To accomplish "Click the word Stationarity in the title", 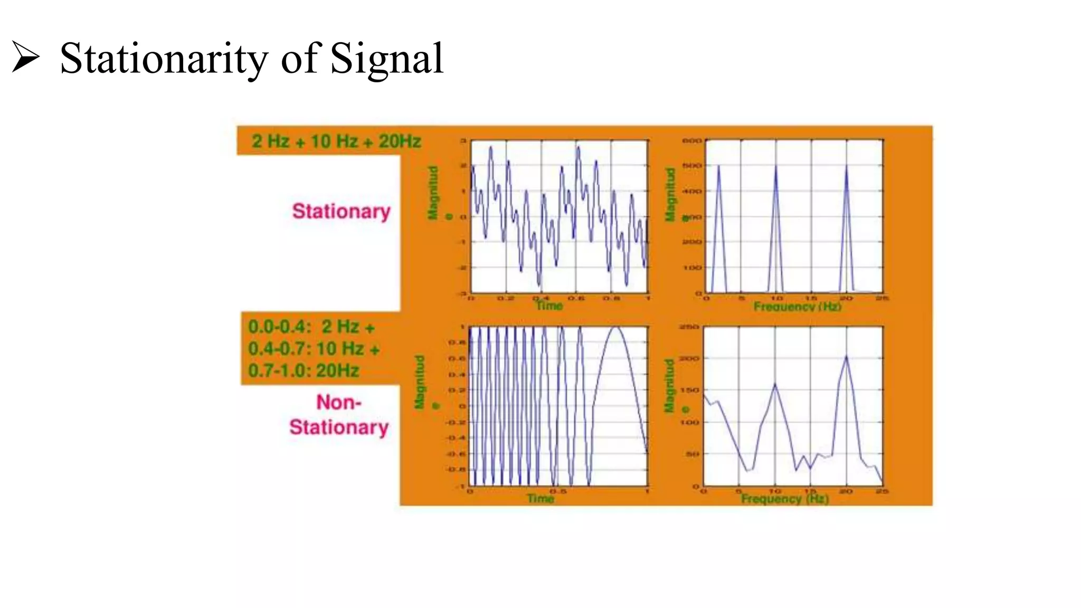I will (164, 59).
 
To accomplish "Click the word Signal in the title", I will (387, 59).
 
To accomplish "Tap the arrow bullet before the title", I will (25, 57).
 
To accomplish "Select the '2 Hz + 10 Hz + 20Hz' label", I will (336, 141).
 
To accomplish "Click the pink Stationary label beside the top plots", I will (341, 211).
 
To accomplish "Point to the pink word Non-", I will (339, 402).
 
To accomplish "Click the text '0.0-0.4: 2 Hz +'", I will (311, 327).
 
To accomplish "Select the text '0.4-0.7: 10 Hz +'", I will (314, 349).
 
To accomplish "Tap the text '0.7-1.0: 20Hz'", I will (304, 370).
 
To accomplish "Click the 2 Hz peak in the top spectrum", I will (718, 167).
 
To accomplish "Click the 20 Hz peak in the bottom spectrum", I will (846, 357).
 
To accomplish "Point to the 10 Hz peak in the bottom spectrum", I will (775, 385).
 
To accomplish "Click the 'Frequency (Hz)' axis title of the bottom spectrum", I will (784, 499).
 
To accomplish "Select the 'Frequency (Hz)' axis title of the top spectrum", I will (797, 307).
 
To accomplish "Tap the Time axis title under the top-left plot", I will (549, 306).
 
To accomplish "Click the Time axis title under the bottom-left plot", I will (540, 498).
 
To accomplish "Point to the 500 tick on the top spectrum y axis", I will (692, 166).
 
